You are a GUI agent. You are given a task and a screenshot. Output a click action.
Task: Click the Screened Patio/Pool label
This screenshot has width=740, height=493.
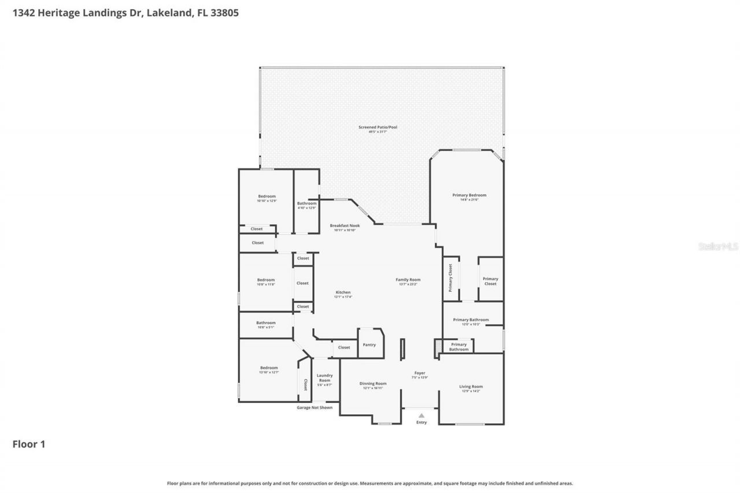(383, 127)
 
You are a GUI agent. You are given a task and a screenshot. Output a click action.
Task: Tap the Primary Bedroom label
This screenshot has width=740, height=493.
(469, 195)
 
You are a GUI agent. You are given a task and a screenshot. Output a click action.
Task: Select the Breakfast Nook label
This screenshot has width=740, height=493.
(345, 225)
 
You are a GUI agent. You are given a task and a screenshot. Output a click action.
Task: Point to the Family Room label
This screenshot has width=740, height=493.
(408, 280)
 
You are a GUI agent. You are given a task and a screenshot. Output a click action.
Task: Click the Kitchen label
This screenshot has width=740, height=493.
(343, 292)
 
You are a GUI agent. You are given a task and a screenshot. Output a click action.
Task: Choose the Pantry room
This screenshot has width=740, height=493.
(369, 344)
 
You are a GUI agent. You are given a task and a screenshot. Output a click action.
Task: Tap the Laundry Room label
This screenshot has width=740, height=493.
(324, 378)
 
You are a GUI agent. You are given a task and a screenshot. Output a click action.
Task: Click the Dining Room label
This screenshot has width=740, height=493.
(373, 384)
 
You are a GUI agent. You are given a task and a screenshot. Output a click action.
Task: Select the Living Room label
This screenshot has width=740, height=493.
(471, 387)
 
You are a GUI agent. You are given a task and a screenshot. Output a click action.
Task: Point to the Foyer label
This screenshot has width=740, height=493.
(420, 373)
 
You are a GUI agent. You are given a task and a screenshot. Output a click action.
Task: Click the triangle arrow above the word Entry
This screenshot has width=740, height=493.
(421, 415)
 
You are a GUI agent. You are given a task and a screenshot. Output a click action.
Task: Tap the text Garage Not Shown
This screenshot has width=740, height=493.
(314, 407)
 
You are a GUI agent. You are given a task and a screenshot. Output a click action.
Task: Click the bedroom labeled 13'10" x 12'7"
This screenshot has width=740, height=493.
(269, 370)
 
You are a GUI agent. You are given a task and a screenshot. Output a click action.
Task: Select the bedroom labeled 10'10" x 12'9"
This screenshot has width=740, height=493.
(267, 198)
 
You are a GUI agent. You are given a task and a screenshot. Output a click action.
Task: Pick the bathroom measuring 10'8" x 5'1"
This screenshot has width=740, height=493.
(266, 325)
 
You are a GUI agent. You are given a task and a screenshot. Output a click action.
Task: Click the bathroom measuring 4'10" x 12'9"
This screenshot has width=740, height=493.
(306, 205)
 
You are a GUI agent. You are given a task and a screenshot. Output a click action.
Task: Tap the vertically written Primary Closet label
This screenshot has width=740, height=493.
(450, 277)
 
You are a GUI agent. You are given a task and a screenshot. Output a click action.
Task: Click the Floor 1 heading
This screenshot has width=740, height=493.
(29, 444)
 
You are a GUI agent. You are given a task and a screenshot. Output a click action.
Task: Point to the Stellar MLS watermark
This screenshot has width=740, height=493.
(718, 247)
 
